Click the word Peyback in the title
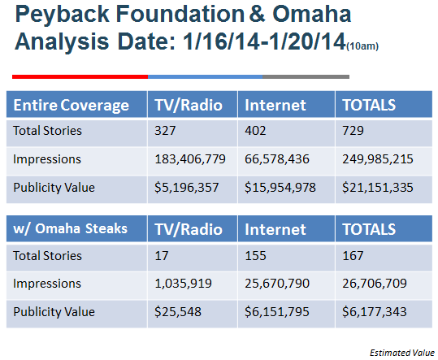(x=62, y=14)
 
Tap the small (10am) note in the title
(x=362, y=46)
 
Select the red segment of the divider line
(x=80, y=76)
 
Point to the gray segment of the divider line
(x=306, y=76)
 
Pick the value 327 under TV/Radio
(x=165, y=131)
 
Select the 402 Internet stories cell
(x=255, y=131)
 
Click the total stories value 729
(x=353, y=131)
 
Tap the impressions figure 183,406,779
(x=190, y=159)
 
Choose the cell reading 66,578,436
(x=277, y=159)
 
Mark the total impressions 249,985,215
(x=378, y=159)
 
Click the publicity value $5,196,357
(x=187, y=188)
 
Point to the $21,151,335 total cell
(x=378, y=188)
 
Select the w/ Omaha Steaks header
(x=71, y=228)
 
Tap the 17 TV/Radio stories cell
(x=162, y=256)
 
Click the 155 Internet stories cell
(x=255, y=256)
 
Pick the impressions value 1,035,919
(x=184, y=284)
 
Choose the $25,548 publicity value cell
(x=178, y=312)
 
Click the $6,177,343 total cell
(x=375, y=312)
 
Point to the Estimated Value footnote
(x=402, y=353)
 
